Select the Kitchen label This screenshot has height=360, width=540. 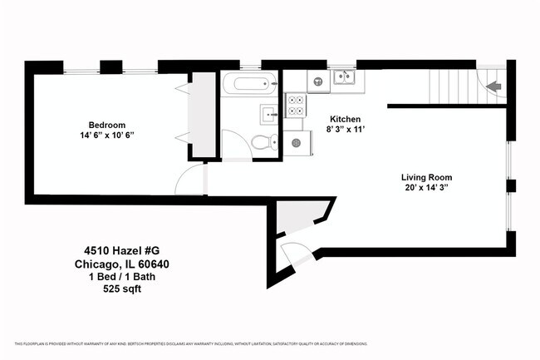coord(344,119)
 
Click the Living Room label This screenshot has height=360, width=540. coord(426,177)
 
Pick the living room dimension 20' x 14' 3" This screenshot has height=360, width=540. coord(427,189)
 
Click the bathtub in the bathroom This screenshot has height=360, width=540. coord(248,83)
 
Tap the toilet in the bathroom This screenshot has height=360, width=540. coord(262,142)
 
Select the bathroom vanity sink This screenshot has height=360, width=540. coord(268,115)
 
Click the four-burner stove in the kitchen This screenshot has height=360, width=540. coord(296,105)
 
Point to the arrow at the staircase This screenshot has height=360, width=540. coord(493,86)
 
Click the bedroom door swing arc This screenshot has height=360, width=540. coord(190,180)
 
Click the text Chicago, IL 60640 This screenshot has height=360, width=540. coord(121,264)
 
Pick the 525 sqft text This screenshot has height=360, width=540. coord(121,289)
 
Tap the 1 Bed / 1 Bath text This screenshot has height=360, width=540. coord(121,277)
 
